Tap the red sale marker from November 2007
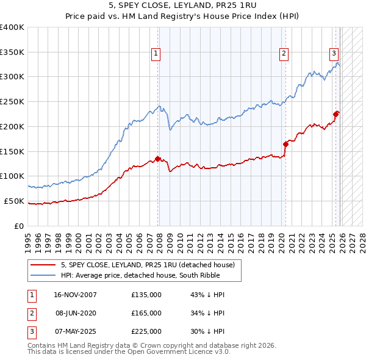[157, 159]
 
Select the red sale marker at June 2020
[285, 144]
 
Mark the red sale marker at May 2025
[336, 113]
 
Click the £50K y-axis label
[14, 201]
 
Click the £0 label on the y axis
[20, 226]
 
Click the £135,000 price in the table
[146, 295]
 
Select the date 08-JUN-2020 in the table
[76, 313]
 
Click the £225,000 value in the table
[146, 331]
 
